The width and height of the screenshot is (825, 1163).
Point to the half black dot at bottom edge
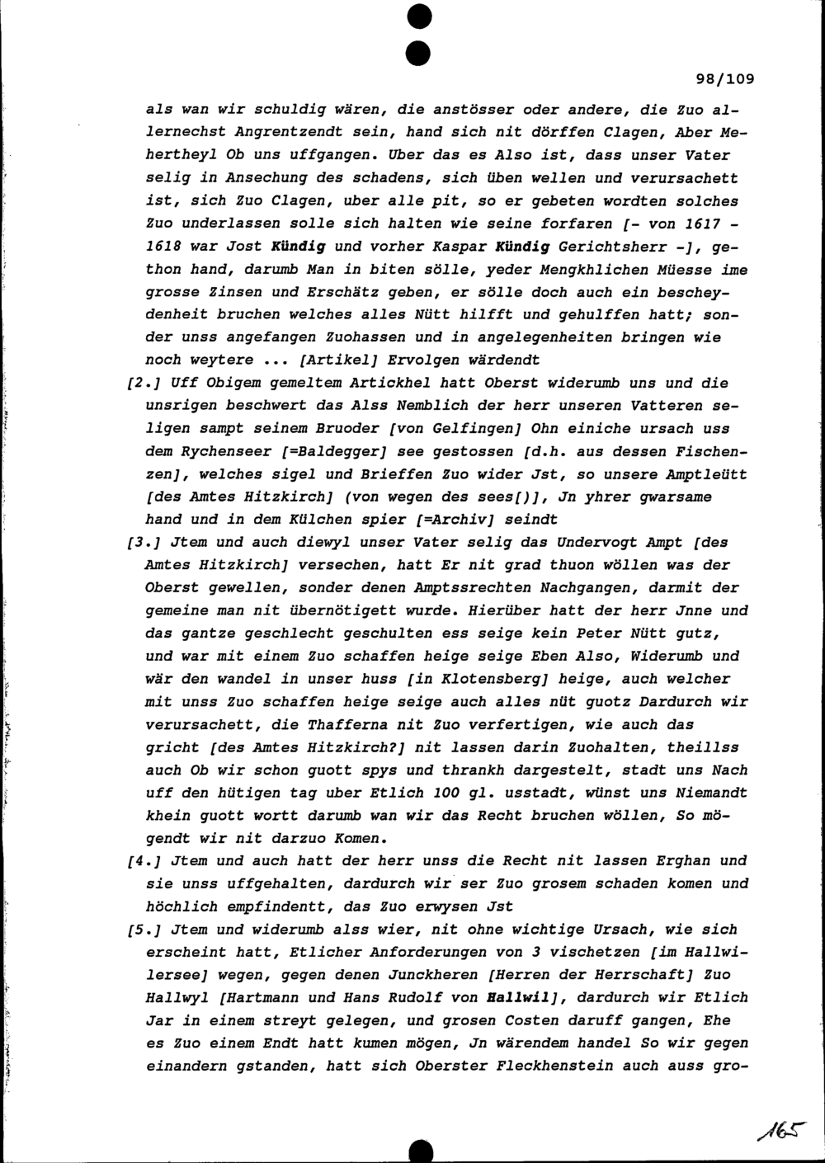tap(421, 1151)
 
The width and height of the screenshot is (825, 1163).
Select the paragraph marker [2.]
tap(139, 384)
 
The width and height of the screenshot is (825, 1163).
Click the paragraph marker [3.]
tap(139, 543)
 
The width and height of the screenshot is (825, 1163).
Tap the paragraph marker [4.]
tap(139, 861)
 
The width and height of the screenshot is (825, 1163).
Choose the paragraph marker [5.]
tap(139, 930)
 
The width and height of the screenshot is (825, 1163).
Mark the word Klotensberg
tap(495, 680)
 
